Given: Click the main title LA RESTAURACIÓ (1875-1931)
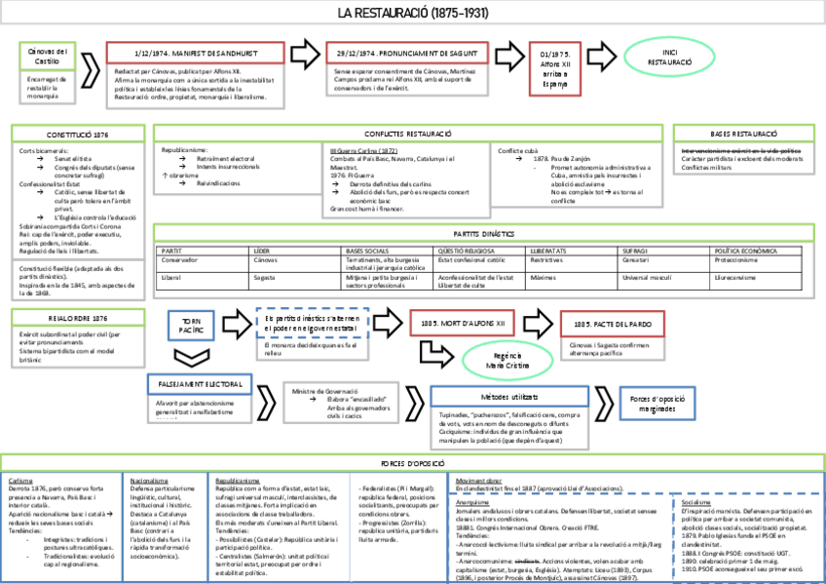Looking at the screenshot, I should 414,14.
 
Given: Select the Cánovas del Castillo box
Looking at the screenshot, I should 48,56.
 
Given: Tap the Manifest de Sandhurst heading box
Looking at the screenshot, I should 195,52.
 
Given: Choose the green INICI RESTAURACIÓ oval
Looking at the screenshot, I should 669,55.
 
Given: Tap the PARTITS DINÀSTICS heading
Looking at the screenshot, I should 483,234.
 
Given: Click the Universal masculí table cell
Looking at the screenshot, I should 649,278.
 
